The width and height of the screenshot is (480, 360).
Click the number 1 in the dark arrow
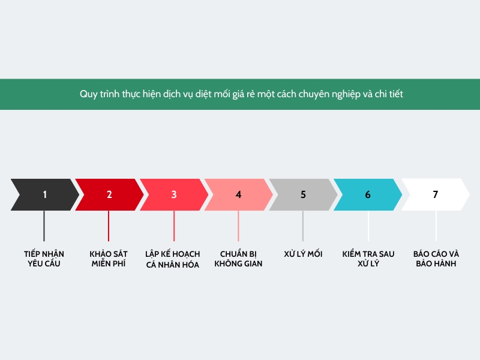[x=44, y=194]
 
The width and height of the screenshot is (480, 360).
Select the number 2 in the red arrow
[x=109, y=194]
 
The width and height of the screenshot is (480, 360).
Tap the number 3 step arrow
[x=174, y=194]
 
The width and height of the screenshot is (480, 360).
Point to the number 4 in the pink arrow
[x=238, y=194]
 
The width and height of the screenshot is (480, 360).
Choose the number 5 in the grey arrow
[x=303, y=194]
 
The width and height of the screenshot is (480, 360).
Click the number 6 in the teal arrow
[x=368, y=194]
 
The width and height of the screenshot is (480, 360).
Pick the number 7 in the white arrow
[x=436, y=194]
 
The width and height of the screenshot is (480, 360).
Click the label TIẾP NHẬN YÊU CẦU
[x=44, y=259]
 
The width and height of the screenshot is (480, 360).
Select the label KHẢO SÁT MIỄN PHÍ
[x=109, y=259]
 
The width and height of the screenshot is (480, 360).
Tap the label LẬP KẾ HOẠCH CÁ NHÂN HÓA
[x=173, y=259]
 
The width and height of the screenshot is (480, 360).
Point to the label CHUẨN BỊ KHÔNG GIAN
[x=238, y=259]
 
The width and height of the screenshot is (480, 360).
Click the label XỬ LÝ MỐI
[x=303, y=254]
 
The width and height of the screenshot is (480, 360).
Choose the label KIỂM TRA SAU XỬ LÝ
[x=368, y=259]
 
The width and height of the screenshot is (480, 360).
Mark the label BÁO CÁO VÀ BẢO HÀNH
[x=436, y=259]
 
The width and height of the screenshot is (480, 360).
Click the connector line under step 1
[x=44, y=226]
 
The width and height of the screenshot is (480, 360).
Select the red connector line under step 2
[x=109, y=226]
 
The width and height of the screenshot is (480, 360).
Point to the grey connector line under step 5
[x=303, y=226]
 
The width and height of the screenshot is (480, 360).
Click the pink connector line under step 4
[x=238, y=226]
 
